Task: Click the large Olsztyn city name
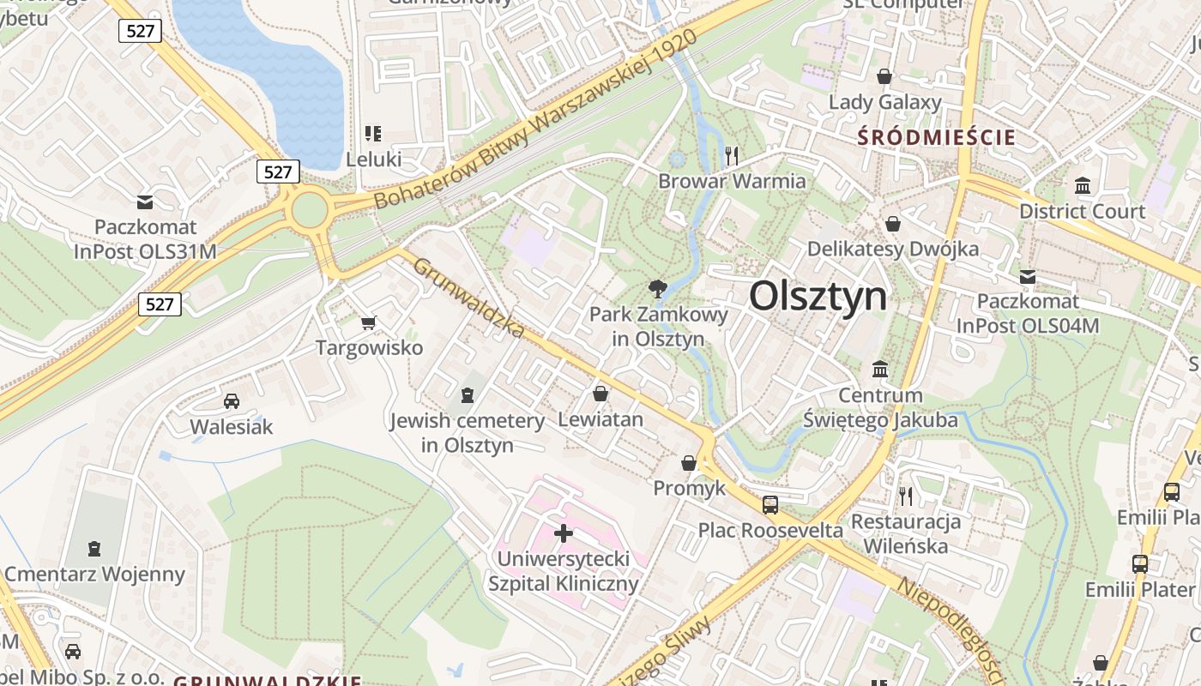818,296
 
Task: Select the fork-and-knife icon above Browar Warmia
732,155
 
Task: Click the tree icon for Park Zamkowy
658,289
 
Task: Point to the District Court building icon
1082,185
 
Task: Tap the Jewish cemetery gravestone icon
467,395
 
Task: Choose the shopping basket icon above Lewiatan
600,394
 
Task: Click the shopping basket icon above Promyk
689,463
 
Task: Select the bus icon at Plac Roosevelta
770,504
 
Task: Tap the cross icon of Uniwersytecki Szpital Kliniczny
564,533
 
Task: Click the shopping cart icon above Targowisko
369,322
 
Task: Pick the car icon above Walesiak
231,400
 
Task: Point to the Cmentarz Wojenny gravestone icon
94,548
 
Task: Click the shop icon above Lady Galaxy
884,77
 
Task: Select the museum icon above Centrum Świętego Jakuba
880,370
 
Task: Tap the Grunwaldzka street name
468,297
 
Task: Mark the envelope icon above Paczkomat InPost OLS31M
145,202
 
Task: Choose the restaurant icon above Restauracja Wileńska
905,495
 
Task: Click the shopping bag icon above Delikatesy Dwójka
893,224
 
